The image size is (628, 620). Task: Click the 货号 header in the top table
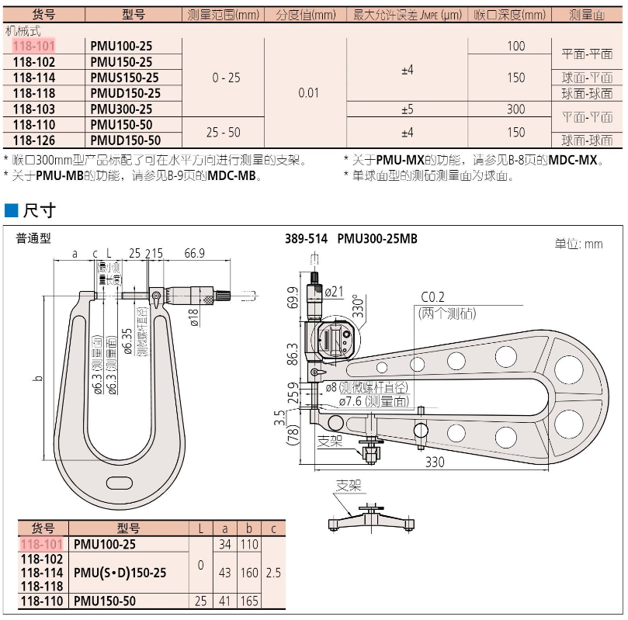44,15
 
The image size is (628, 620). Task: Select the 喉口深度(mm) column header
509,15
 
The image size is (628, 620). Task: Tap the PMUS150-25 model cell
124,78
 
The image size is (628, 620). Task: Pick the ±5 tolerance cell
406,109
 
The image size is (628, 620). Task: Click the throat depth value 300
515,109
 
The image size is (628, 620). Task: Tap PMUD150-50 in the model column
125,140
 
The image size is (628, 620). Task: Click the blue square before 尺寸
11,211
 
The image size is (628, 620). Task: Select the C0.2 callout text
435,298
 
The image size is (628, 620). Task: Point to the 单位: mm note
578,244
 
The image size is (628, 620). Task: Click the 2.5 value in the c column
272,573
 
